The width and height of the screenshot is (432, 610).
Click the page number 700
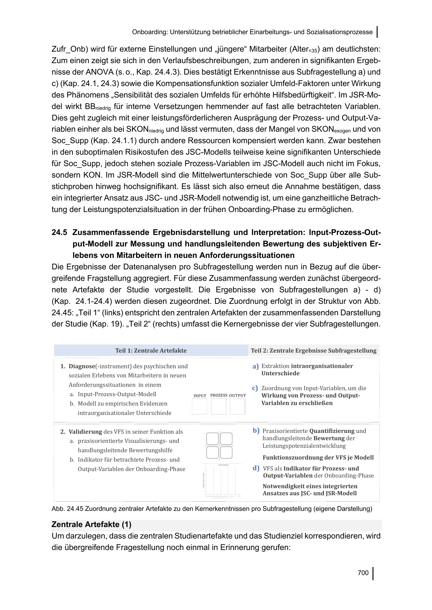pyautogui.click(x=363, y=572)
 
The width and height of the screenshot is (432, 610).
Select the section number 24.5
pyautogui.click(x=59, y=232)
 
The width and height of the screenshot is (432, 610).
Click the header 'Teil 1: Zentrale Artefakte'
pyautogui.click(x=151, y=351)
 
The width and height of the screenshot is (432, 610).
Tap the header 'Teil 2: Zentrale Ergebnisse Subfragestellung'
pyautogui.click(x=313, y=351)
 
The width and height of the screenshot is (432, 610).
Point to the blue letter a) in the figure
pyautogui.click(x=255, y=366)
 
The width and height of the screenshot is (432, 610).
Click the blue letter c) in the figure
pyautogui.click(x=255, y=388)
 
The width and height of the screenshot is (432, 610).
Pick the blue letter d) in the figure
pyautogui.click(x=256, y=468)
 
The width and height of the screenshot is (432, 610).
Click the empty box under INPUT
pyautogui.click(x=200, y=407)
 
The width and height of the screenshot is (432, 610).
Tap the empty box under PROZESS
pyautogui.click(x=218, y=407)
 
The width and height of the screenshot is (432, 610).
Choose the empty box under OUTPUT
pyautogui.click(x=237, y=407)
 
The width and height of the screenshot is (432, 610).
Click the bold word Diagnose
pyautogui.click(x=82, y=366)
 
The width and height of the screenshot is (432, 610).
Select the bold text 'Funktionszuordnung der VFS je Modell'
pyautogui.click(x=318, y=457)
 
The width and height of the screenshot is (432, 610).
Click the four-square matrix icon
pyautogui.click(x=219, y=445)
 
